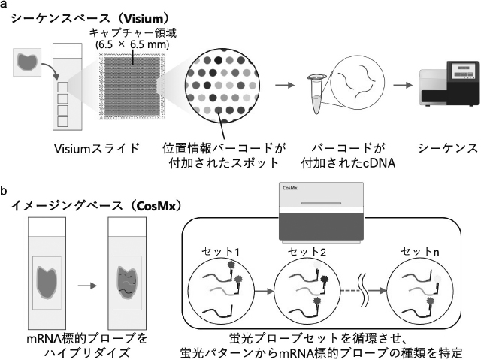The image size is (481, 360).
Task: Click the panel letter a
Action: (4, 5)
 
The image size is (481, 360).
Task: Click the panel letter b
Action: (4, 191)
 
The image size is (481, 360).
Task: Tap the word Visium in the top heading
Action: (141, 19)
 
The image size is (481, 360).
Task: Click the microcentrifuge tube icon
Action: (316, 94)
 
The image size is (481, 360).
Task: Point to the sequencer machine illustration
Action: (449, 83)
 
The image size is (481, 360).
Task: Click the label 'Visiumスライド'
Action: (97, 149)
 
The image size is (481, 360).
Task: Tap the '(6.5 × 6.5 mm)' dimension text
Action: (132, 45)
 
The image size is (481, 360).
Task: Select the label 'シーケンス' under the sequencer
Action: (448, 148)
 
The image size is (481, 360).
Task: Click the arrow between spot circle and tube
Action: (285, 85)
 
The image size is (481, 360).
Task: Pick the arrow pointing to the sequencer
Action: (403, 85)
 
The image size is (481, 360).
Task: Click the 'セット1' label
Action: (220, 252)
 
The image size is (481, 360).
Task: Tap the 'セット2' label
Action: (307, 252)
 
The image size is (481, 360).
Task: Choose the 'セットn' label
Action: (420, 252)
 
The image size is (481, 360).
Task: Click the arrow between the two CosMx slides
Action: (87, 286)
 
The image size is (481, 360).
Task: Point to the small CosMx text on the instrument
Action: (289, 188)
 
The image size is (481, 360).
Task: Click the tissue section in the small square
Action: (28, 61)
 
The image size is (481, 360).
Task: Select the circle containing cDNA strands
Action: (358, 81)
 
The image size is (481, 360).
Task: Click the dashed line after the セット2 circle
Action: (350, 291)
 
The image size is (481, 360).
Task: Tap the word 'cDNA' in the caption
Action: (379, 163)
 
